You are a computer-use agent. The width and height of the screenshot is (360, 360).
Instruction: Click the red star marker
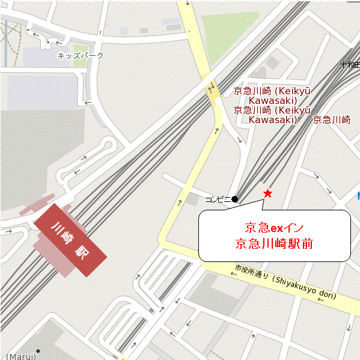(267, 194)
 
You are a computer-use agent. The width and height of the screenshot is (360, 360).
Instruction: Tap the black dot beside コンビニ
(235, 199)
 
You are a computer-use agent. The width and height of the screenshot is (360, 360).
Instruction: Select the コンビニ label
(218, 199)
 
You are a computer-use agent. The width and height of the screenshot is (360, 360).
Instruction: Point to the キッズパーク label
(81, 56)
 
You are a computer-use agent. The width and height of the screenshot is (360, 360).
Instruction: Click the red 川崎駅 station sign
(70, 240)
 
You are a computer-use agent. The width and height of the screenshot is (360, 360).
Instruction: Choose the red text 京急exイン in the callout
(273, 228)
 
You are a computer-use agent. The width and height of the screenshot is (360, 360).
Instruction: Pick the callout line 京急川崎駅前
(273, 245)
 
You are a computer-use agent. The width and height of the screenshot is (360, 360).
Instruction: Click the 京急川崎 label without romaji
(332, 120)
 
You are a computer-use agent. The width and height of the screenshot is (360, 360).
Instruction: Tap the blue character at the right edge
(358, 195)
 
